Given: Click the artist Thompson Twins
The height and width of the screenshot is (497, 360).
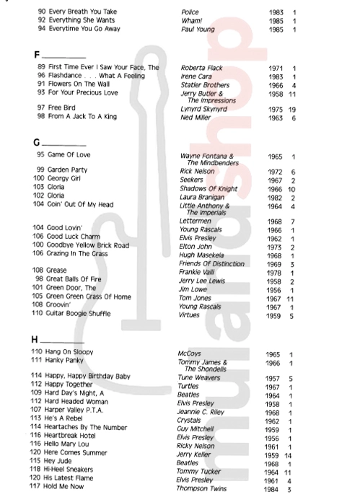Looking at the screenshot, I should pyautogui.click(x=205, y=488).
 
